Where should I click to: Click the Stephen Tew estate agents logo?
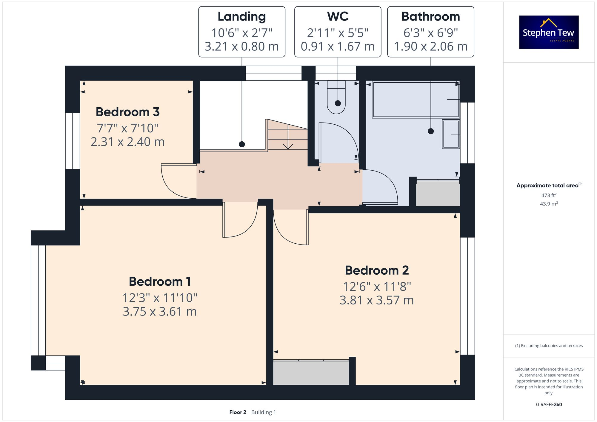pyautogui.click(x=549, y=32)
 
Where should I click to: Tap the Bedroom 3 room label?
pyautogui.click(x=127, y=112)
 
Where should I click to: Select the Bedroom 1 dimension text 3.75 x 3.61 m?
pyautogui.click(x=160, y=312)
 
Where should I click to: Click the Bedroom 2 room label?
pyautogui.click(x=377, y=270)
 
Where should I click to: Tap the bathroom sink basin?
pyautogui.click(x=451, y=134)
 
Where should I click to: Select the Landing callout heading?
pyautogui.click(x=241, y=17)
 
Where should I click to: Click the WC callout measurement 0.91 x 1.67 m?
pyautogui.click(x=338, y=47)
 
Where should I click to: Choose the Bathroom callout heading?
pyautogui.click(x=430, y=17)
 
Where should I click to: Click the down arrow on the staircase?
pyautogui.click(x=288, y=146)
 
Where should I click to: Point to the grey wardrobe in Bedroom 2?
pyautogui.click(x=311, y=372)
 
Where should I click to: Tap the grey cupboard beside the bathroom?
pyautogui.click(x=438, y=193)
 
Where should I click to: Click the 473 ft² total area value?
pyautogui.click(x=549, y=195)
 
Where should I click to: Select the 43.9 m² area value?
pyautogui.click(x=549, y=204)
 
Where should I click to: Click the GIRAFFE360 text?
pyautogui.click(x=549, y=404)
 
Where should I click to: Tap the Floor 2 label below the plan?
pyautogui.click(x=238, y=412)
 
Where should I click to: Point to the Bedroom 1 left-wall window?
pyautogui.click(x=38, y=300)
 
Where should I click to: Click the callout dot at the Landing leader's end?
pyautogui.click(x=242, y=144)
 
